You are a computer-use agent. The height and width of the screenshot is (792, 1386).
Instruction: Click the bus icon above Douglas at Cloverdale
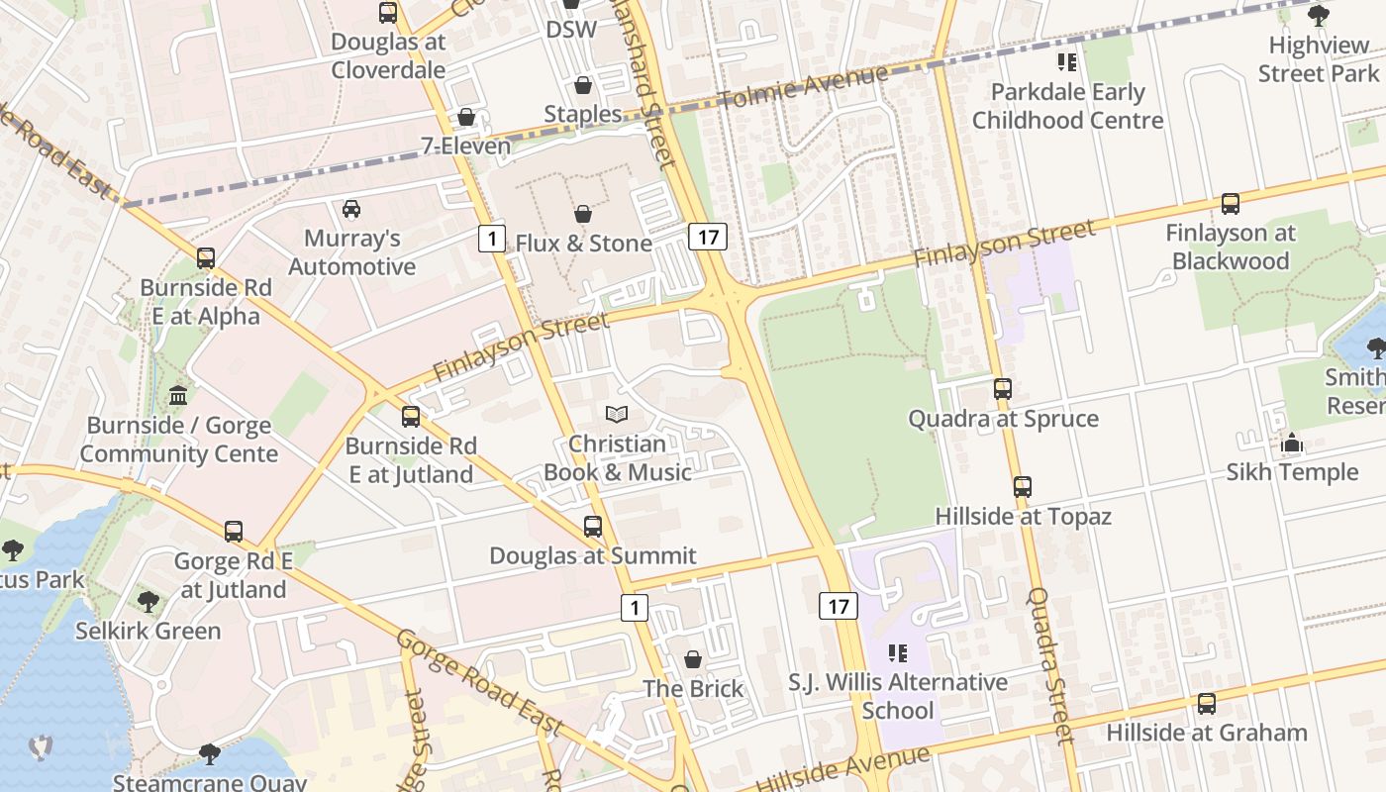pos(388,13)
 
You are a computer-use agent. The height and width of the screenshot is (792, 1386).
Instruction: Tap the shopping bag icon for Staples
pos(583,85)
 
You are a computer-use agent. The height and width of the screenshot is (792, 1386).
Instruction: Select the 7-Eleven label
pos(466,147)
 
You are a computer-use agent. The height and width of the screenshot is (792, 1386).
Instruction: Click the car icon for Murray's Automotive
pos(351,208)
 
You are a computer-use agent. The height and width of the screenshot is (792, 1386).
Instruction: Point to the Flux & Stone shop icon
pos(583,214)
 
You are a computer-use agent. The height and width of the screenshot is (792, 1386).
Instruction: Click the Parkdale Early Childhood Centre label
pos(1067,106)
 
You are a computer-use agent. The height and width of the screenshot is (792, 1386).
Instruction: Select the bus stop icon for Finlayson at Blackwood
pos(1230,204)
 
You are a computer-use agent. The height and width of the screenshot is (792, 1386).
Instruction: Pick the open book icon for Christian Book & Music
pos(617,415)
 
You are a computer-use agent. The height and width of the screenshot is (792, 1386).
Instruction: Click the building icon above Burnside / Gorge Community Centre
pos(178,396)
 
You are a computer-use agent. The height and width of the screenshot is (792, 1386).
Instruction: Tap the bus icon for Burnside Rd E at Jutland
pos(411,417)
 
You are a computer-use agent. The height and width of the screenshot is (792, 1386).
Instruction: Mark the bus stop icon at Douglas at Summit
pos(593,527)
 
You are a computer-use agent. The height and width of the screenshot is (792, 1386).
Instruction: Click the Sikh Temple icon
pos(1292,444)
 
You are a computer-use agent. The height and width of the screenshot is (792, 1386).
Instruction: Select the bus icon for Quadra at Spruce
pos(1003,389)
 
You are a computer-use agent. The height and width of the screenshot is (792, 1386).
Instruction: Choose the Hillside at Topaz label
pos(1024,516)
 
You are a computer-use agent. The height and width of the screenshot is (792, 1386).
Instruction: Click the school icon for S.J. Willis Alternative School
pos(898,653)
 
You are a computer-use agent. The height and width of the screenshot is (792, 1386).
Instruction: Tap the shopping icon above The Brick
pos(693,659)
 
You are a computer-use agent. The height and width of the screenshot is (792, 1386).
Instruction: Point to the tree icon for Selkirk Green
pos(148,601)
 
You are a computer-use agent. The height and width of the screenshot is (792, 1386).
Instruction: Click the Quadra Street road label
pos(1051,665)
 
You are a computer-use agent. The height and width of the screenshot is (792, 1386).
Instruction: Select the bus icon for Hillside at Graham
pos(1207,704)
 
